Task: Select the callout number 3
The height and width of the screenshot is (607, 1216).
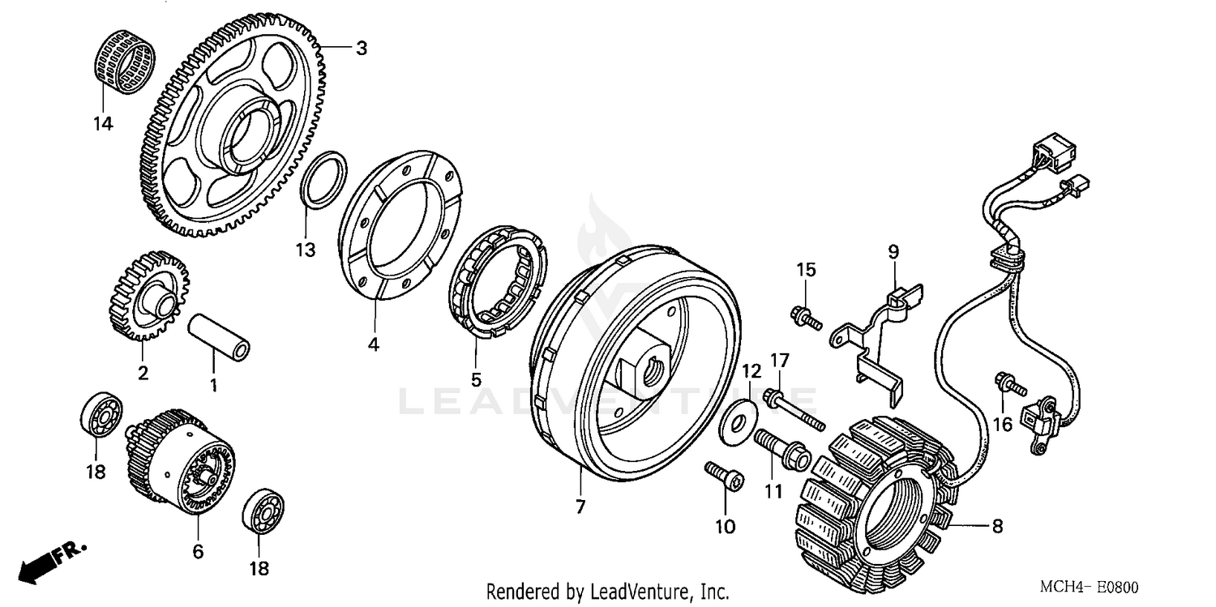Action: [x=362, y=49]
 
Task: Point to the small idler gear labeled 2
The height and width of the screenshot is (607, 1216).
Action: [x=146, y=296]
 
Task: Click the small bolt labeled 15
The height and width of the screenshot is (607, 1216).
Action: [x=805, y=316]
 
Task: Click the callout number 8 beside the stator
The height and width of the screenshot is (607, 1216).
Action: [x=997, y=526]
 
